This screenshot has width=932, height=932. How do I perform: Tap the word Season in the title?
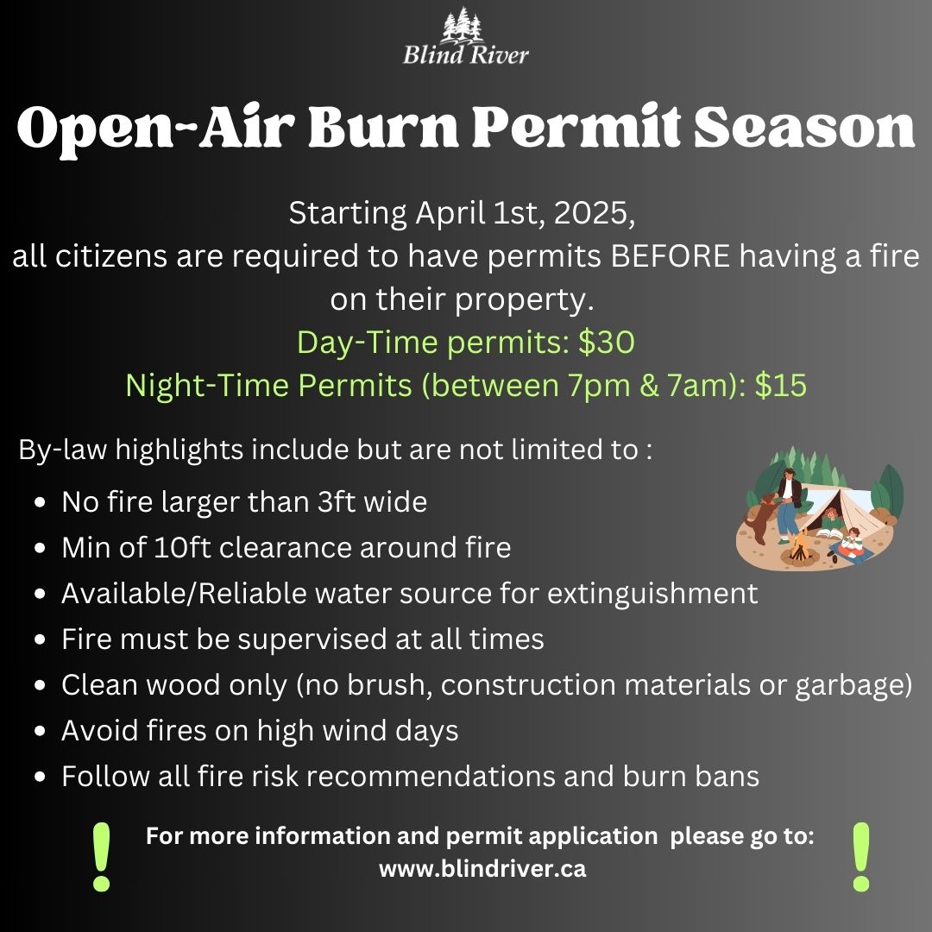click(804, 127)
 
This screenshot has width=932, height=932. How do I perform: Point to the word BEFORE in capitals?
click(670, 256)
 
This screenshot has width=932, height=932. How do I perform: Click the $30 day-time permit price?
click(607, 343)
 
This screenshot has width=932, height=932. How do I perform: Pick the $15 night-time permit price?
click(780, 385)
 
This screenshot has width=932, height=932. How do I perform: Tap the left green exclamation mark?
click(102, 857)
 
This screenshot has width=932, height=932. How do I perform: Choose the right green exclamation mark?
click(860, 857)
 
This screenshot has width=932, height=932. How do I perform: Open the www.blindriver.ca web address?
click(482, 869)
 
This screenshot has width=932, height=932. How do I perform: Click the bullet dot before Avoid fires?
click(40, 731)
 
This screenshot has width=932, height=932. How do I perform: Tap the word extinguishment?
click(652, 594)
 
